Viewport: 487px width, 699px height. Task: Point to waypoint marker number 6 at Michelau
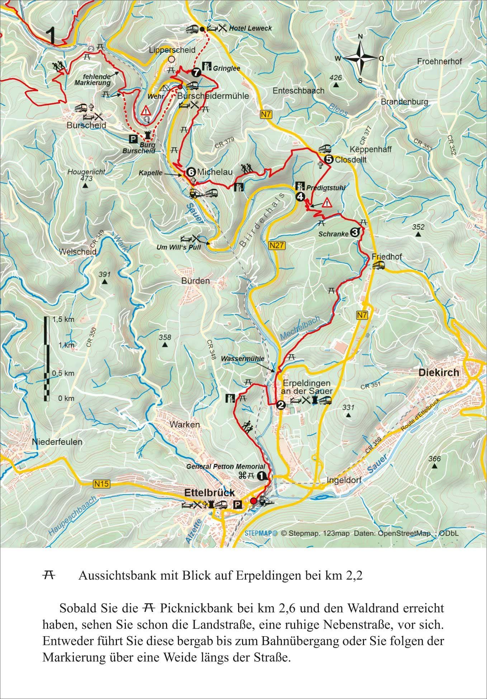coord(190,172)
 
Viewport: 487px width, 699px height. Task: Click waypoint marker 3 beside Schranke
coord(354,233)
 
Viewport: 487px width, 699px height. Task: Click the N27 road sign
coord(278,245)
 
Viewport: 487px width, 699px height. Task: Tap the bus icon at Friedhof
coord(379,265)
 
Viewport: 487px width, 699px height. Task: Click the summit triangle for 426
coord(336,85)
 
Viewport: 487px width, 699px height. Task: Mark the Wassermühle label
coord(243,358)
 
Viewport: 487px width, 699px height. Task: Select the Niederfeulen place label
coord(57,442)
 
